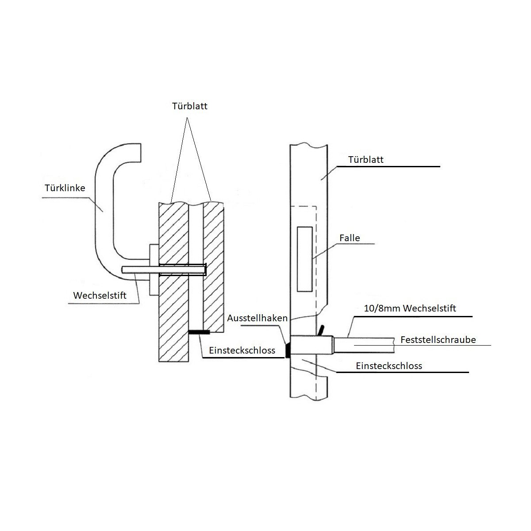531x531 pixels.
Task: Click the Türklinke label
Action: (65, 188)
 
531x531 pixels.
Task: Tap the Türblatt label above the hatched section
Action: (189, 106)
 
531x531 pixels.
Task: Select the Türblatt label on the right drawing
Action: (366, 160)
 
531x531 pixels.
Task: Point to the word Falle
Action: (350, 238)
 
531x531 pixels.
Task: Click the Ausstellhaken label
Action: (257, 318)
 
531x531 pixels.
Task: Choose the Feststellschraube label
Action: (438, 339)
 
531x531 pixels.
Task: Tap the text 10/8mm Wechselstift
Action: (410, 308)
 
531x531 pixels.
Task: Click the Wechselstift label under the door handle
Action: (100, 296)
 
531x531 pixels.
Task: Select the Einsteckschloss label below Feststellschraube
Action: (389, 366)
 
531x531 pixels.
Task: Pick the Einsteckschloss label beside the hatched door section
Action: (242, 350)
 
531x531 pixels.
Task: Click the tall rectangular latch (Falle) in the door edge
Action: (304, 259)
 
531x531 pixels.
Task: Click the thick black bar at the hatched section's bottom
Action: (199, 332)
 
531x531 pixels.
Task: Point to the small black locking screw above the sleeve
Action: (321, 331)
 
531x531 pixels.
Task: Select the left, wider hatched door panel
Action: (173, 282)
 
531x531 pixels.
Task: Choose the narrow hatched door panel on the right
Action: (213, 267)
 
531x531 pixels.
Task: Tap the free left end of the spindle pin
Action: (122, 270)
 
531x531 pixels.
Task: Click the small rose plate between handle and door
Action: (154, 270)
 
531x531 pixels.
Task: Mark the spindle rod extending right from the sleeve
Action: (364, 345)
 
